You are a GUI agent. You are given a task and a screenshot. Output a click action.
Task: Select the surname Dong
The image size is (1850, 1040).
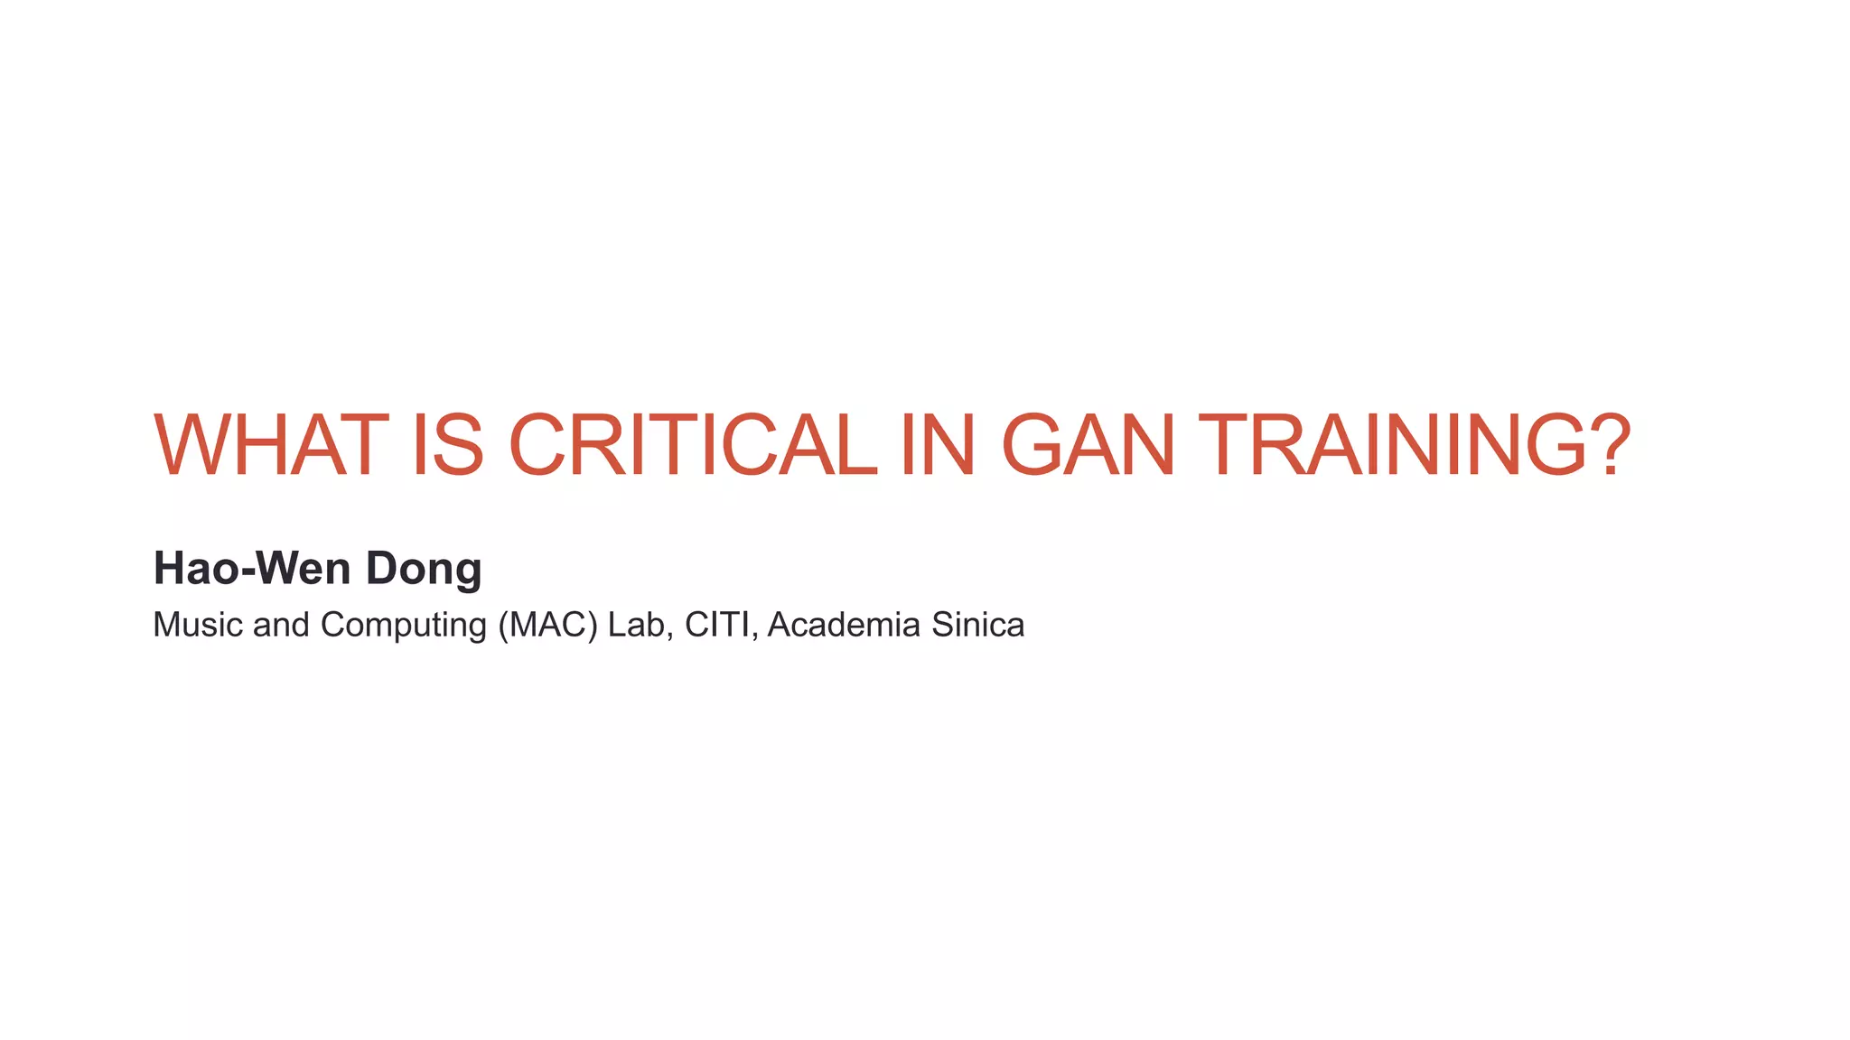click(423, 570)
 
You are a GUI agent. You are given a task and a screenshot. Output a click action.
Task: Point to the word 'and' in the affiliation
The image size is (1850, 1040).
click(281, 625)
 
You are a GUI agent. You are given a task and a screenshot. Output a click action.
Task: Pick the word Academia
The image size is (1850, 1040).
click(844, 625)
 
